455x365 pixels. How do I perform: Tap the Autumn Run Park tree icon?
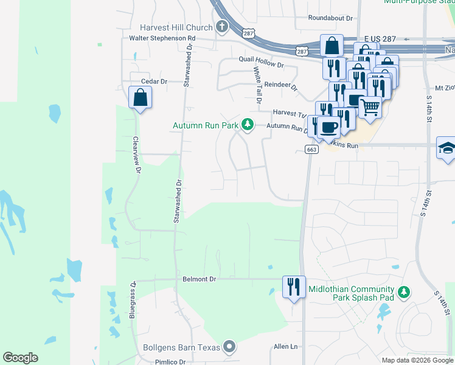[247, 125]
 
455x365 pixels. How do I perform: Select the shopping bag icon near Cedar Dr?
[140, 97]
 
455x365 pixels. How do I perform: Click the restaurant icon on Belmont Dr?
[293, 286]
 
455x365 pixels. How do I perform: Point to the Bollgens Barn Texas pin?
[229, 347]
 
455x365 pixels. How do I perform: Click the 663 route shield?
[311, 150]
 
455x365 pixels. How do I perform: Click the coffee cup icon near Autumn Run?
[328, 127]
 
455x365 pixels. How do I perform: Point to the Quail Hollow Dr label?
[262, 64]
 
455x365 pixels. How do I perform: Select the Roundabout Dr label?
[330, 18]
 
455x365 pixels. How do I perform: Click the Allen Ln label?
[286, 346]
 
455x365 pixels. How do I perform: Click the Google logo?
[21, 358]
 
